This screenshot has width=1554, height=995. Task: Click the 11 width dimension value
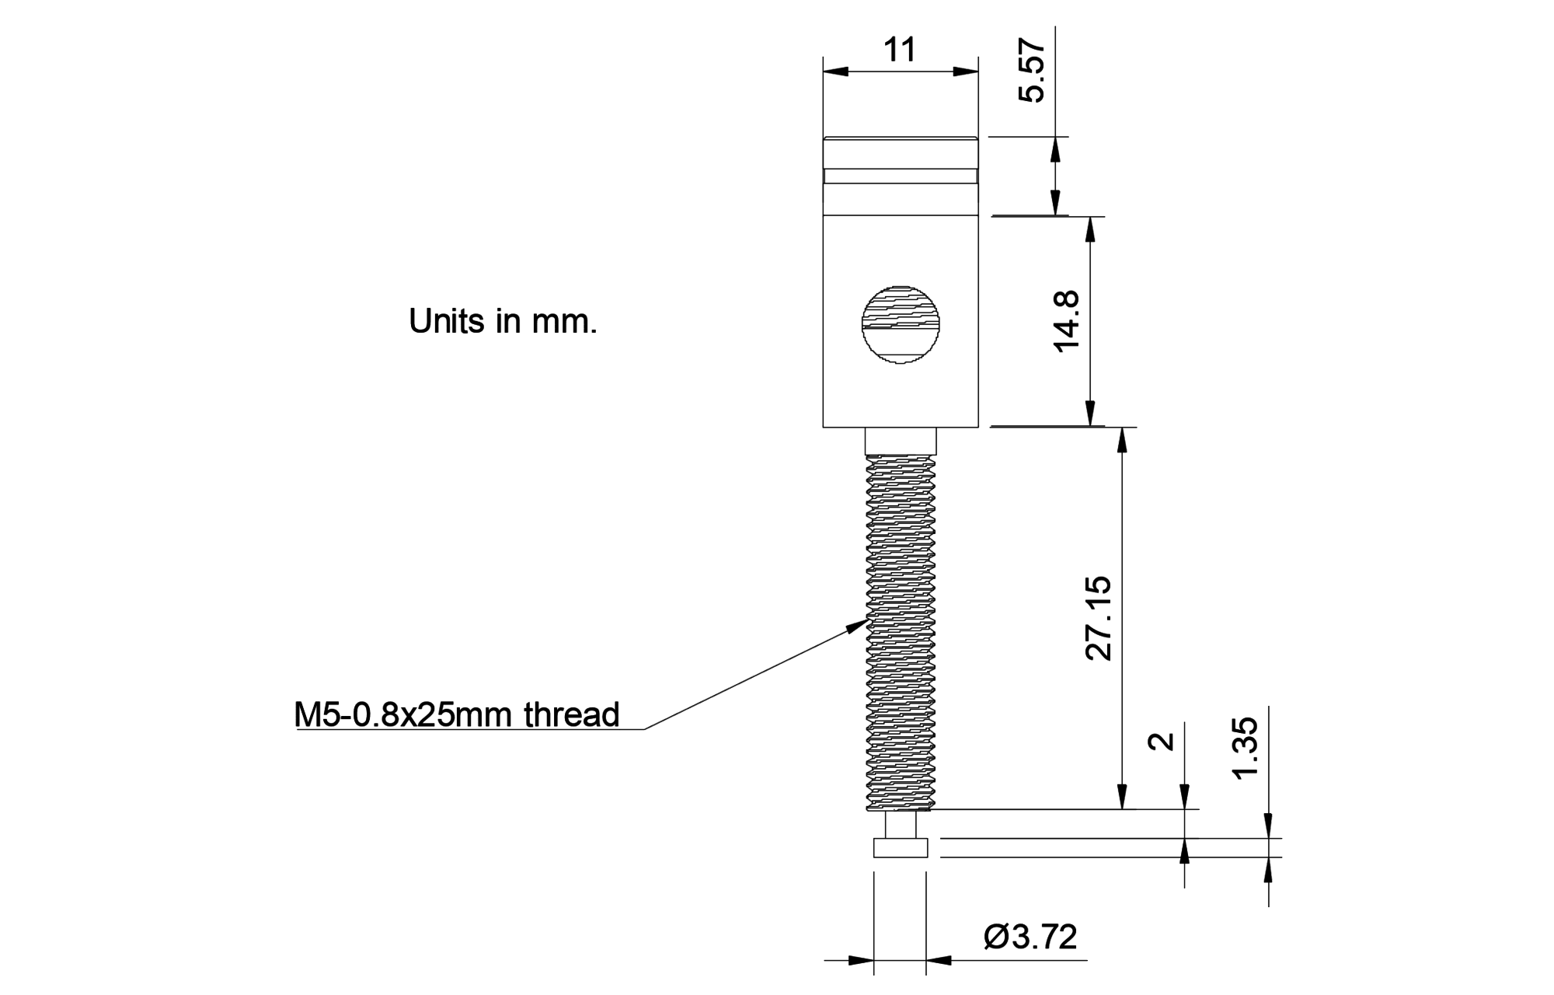click(x=900, y=51)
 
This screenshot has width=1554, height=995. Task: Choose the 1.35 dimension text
click(x=1245, y=749)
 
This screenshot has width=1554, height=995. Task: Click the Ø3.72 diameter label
click(x=1030, y=937)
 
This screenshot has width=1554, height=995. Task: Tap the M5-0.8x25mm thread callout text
click(x=457, y=714)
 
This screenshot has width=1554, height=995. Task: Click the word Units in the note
click(x=447, y=321)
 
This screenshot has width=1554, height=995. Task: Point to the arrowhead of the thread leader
click(x=860, y=623)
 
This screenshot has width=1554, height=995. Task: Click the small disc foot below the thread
click(x=901, y=848)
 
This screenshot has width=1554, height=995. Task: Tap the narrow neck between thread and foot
click(x=901, y=825)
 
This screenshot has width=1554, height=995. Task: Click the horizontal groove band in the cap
click(x=901, y=176)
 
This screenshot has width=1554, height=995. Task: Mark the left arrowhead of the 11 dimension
click(x=834, y=72)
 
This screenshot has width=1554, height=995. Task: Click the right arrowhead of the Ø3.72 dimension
click(x=939, y=961)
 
